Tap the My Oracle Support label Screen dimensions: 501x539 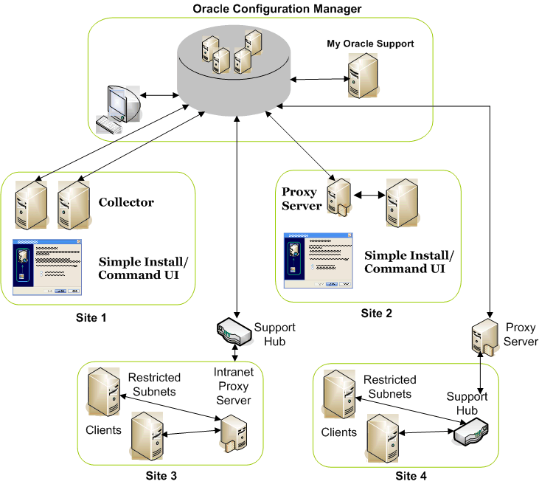click(370, 44)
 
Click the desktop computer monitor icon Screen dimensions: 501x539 click(119, 108)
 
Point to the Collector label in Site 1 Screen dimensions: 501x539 click(126, 202)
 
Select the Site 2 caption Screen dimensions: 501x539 click(376, 313)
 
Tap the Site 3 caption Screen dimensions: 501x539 click(161, 476)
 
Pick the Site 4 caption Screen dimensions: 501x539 click(411, 476)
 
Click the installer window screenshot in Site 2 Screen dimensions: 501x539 click(319, 261)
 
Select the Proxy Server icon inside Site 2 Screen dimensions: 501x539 click(338, 198)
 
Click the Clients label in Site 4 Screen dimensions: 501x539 click(339, 432)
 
